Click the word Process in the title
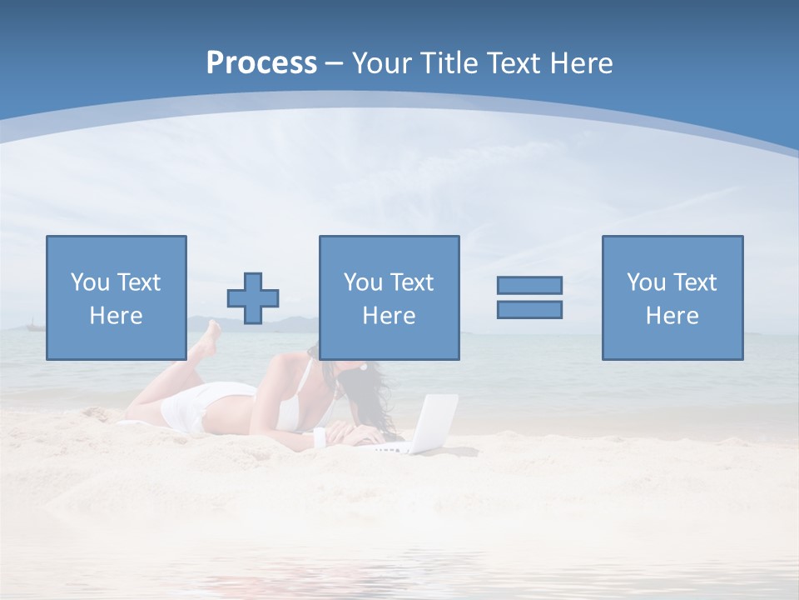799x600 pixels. click(261, 63)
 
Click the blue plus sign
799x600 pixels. click(253, 298)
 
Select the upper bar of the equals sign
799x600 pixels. click(529, 285)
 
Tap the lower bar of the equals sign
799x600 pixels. click(529, 309)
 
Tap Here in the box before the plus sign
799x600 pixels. click(116, 316)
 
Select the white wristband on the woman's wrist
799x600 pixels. click(319, 436)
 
